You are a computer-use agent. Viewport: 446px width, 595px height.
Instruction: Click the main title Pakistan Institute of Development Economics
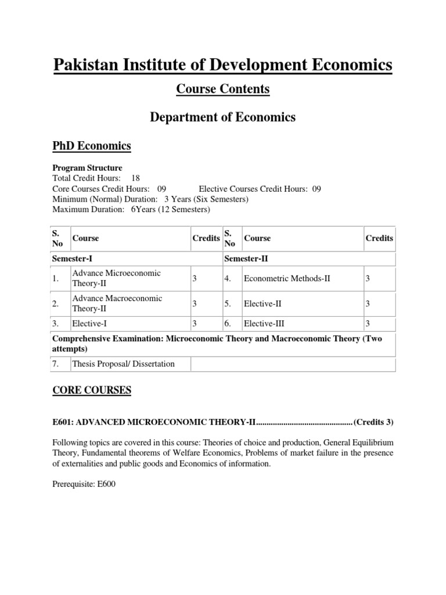pyautogui.click(x=222, y=64)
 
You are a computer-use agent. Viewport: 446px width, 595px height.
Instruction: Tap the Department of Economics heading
pyautogui.click(x=222, y=117)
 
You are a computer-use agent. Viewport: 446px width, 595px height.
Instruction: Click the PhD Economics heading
pyautogui.click(x=91, y=145)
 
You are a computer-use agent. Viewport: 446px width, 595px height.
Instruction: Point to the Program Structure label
pyautogui.click(x=87, y=168)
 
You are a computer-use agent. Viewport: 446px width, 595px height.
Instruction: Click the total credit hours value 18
pyautogui.click(x=135, y=178)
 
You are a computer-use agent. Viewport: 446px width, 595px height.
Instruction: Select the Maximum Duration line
pyautogui.click(x=131, y=210)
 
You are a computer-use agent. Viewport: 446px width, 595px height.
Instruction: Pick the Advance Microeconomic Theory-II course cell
pyautogui.click(x=116, y=278)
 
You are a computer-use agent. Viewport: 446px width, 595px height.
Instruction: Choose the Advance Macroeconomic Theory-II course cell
pyautogui.click(x=117, y=303)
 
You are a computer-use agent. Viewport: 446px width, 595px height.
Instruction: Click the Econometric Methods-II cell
pyautogui.click(x=287, y=278)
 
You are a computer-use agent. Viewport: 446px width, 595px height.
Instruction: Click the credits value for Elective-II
pyautogui.click(x=368, y=303)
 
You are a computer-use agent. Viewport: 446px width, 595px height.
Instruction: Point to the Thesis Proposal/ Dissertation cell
pyautogui.click(x=123, y=364)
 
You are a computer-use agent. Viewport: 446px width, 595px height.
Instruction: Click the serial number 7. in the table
pyautogui.click(x=56, y=364)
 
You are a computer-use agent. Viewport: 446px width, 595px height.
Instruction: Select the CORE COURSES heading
pyautogui.click(x=92, y=390)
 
